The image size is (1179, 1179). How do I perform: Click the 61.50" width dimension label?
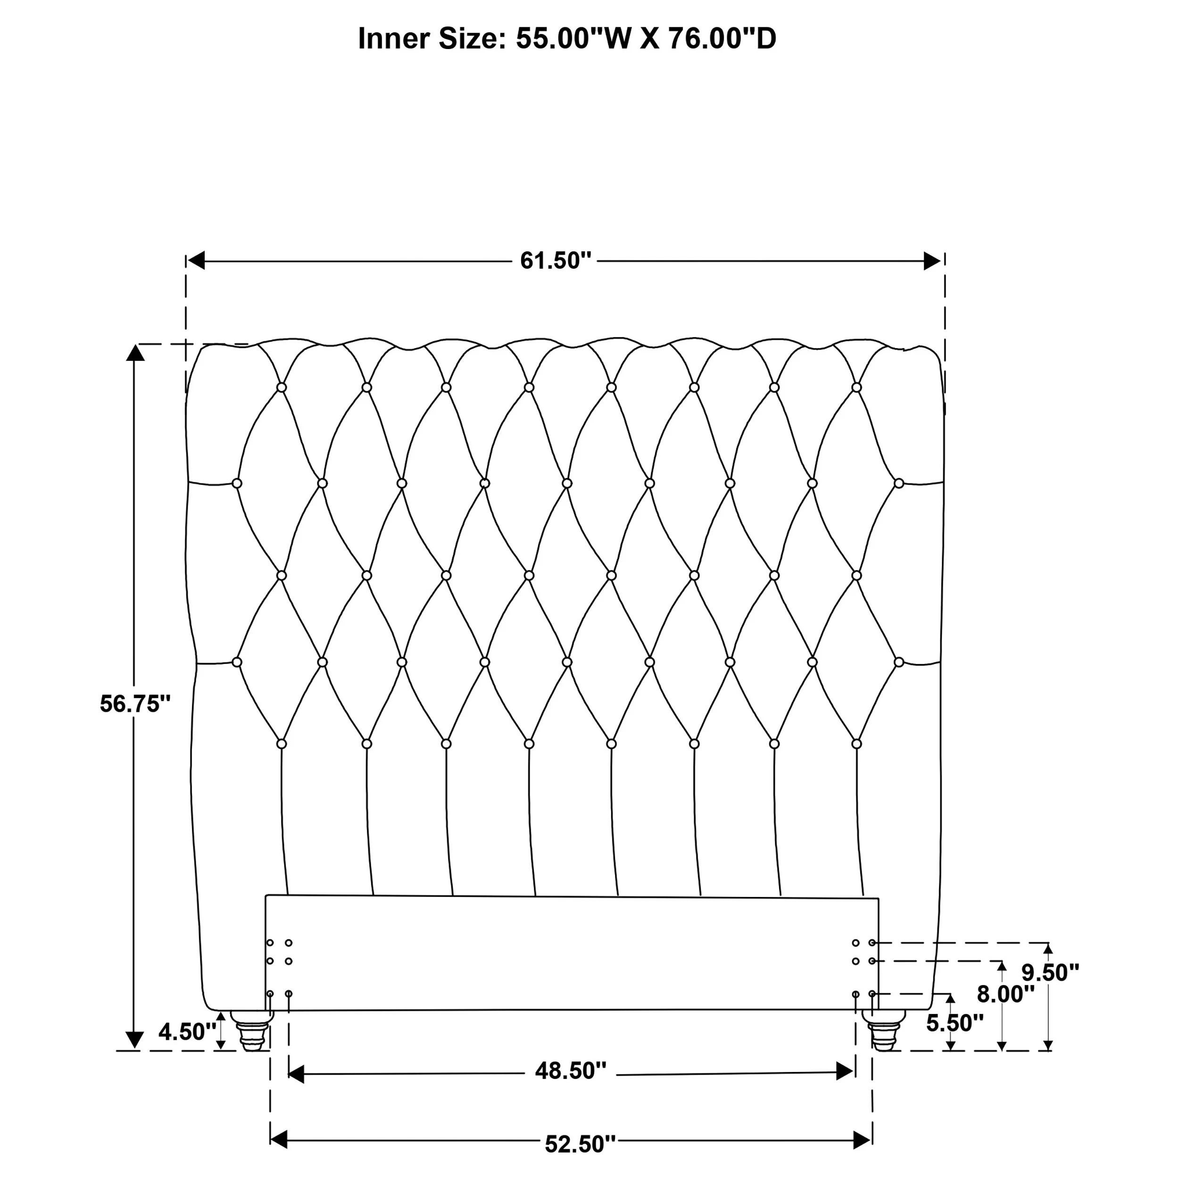tap(556, 261)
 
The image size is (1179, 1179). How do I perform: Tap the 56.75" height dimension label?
tap(135, 704)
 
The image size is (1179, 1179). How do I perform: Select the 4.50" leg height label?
tap(187, 1032)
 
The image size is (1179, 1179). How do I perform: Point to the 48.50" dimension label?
tap(571, 1071)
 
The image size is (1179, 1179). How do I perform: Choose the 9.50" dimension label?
tap(1050, 973)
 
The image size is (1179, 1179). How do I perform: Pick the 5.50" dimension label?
tap(955, 1023)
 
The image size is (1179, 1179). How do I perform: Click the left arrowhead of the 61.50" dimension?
tap(195, 261)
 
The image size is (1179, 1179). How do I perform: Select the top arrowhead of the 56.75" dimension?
tap(135, 352)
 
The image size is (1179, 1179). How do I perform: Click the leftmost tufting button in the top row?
tap(282, 388)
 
